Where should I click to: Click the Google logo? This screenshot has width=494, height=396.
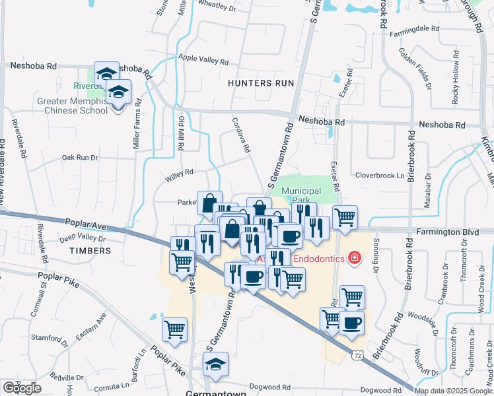coord(22,388)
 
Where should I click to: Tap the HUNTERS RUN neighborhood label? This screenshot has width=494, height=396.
coord(260,83)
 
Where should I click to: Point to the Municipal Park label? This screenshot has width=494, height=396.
coord(300,195)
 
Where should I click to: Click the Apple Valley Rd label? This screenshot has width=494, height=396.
coord(203,59)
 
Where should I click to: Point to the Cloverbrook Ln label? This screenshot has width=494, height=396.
coord(380,176)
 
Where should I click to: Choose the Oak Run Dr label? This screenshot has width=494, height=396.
coord(79,158)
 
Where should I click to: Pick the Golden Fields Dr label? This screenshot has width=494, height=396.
coord(424,73)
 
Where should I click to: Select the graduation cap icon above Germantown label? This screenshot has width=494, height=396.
coord(215,365)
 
